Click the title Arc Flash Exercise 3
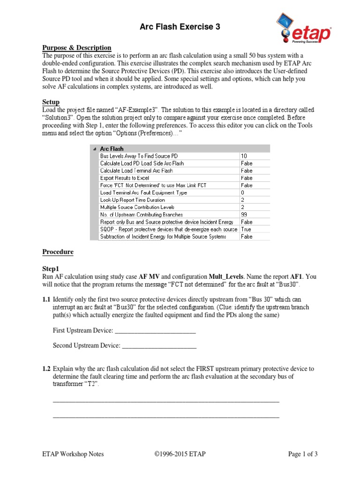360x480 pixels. pyautogui.click(x=180, y=27)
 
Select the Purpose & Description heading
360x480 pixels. pyautogui.click(x=77, y=48)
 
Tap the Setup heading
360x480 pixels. pyautogui.click(x=51, y=102)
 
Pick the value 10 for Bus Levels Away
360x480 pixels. pyautogui.click(x=244, y=156)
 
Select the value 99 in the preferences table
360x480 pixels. pyautogui.click(x=244, y=215)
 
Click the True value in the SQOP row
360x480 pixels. pyautogui.click(x=246, y=229)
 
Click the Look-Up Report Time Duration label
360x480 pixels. pyautogui.click(x=133, y=200)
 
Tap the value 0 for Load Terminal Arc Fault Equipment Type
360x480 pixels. pyautogui.click(x=242, y=193)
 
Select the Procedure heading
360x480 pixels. pyautogui.click(x=58, y=252)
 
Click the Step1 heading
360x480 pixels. pyautogui.click(x=51, y=269)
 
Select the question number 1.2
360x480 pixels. pyautogui.click(x=47, y=369)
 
